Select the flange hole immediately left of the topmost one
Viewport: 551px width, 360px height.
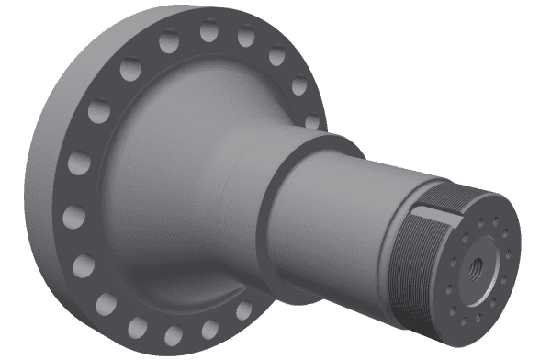[169, 41]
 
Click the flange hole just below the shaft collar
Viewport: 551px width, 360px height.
[243, 312]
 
